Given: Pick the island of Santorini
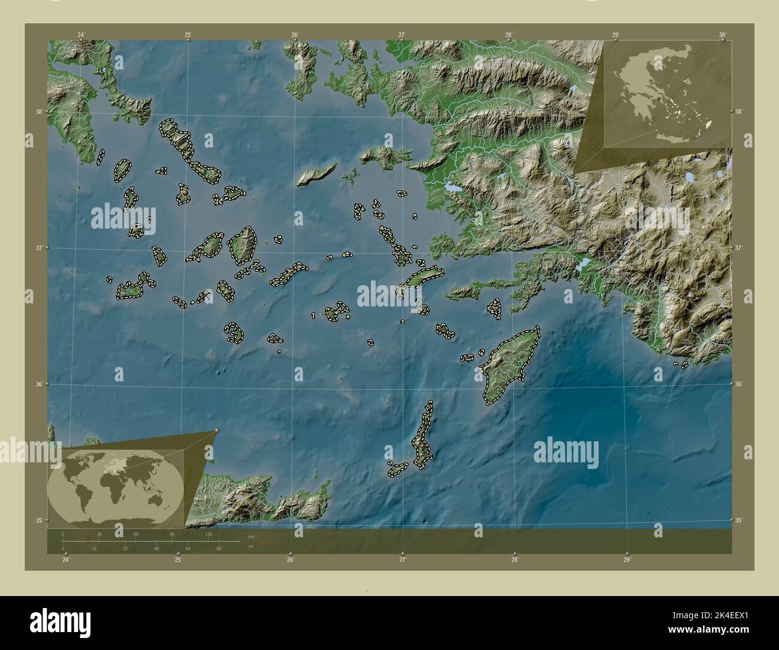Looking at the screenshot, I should pyautogui.click(x=233, y=332).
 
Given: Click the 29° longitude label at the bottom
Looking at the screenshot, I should pyautogui.click(x=627, y=559).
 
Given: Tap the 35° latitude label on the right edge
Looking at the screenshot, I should pyautogui.click(x=739, y=520).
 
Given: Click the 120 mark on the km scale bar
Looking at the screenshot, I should pyautogui.click(x=209, y=534).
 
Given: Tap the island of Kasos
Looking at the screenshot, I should pyautogui.click(x=397, y=468).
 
